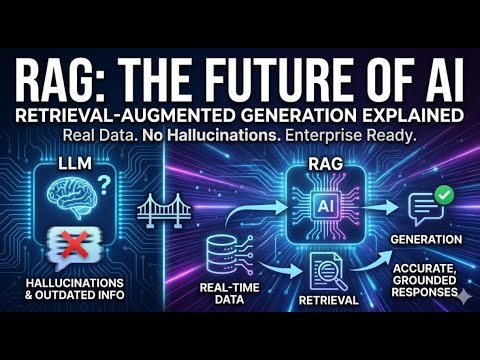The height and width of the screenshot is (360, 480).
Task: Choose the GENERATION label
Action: tap(427, 240)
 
